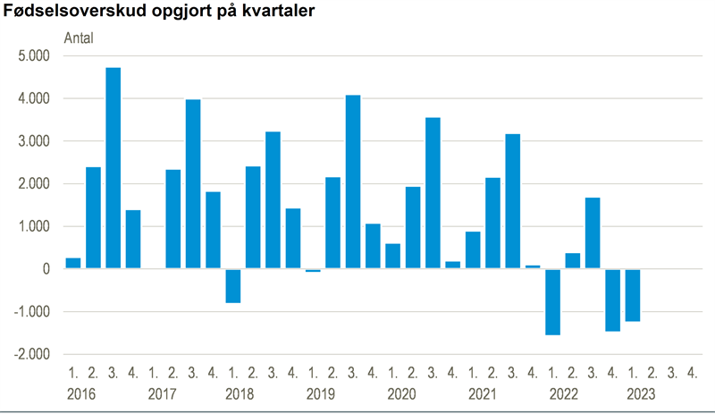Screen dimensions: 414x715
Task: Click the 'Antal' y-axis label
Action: (79, 38)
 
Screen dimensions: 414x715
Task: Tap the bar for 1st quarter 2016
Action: (73, 264)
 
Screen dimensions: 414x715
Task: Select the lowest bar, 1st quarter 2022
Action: (552, 302)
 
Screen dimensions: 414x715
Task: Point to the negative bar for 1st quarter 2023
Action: (633, 295)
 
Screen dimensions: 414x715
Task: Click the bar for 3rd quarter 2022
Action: (593, 233)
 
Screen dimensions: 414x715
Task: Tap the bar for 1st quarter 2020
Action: (392, 257)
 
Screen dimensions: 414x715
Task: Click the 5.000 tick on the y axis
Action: (33, 55)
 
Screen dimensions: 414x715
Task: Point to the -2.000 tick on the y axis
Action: (31, 355)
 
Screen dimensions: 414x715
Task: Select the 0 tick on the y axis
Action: (45, 269)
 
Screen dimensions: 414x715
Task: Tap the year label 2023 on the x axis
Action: (640, 394)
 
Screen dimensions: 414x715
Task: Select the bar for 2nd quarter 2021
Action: (492, 224)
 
